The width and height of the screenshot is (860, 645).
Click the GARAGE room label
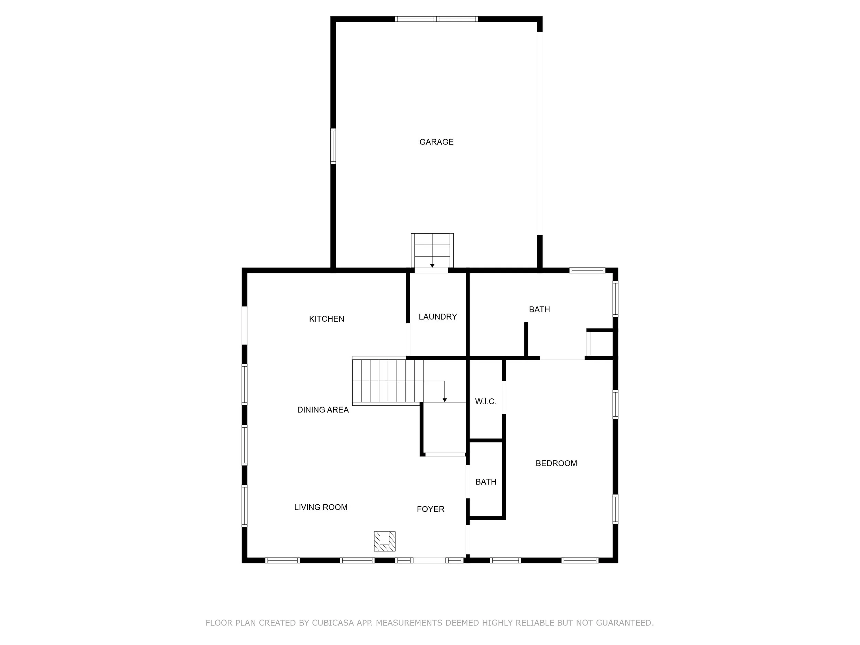click(x=436, y=142)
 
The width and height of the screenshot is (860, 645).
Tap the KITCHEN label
click(x=326, y=319)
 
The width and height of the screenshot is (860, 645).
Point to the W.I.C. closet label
click(x=486, y=401)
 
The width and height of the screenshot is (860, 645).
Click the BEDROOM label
click(x=556, y=463)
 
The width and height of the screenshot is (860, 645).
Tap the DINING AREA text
click(x=323, y=410)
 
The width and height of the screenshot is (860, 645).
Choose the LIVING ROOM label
click(x=320, y=507)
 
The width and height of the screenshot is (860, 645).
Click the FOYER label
click(x=430, y=509)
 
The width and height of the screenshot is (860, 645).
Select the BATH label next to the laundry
click(x=539, y=310)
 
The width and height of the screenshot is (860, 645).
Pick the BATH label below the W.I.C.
click(x=486, y=482)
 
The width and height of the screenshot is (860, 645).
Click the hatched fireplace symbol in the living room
click(x=385, y=541)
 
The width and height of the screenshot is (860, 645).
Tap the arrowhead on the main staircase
click(x=445, y=400)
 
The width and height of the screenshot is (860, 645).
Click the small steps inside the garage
click(x=432, y=250)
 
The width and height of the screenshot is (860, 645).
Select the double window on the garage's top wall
click(x=436, y=19)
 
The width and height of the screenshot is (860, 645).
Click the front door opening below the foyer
click(x=429, y=560)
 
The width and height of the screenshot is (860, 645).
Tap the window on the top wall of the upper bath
click(x=587, y=270)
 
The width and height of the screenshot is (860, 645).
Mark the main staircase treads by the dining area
click(x=387, y=381)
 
